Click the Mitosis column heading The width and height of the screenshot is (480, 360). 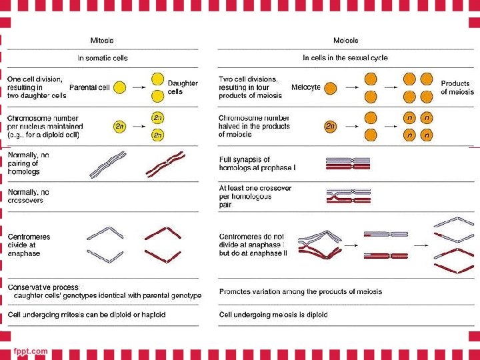click(102, 41)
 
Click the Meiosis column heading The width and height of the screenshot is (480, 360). click(345, 41)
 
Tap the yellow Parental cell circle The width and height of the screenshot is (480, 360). click(119, 87)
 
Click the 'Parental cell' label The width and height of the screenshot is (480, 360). click(89, 87)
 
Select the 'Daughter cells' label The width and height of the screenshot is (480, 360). click(183, 87)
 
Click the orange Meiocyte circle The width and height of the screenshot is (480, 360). click(330, 87)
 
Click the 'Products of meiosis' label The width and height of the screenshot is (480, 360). click(457, 87)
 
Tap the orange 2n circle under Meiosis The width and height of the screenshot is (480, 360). click(331, 125)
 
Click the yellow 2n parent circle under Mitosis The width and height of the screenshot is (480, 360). click(119, 125)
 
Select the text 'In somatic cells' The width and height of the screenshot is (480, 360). click(102, 58)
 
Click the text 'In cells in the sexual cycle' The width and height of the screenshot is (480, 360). click(345, 58)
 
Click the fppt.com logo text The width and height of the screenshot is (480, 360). click(31, 351)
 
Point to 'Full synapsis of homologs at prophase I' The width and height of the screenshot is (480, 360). click(257, 163)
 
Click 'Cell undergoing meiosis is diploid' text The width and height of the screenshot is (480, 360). click(273, 315)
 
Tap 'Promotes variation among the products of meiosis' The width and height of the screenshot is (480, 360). click(301, 292)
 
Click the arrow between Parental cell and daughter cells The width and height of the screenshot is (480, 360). click(137, 87)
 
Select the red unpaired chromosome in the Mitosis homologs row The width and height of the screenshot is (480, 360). click(166, 164)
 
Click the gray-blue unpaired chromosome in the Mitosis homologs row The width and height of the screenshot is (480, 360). click(107, 165)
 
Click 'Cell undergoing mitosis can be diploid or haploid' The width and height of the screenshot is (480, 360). click(87, 315)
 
